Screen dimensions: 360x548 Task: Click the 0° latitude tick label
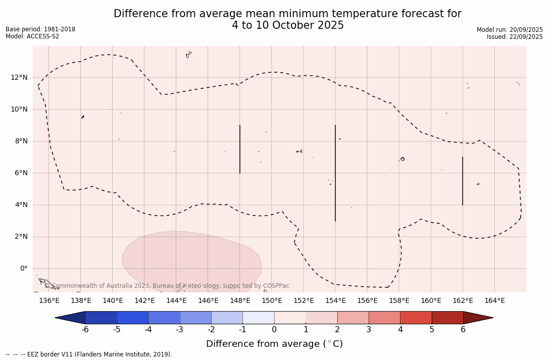[x=23, y=268]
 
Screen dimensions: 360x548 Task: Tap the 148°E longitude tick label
[x=240, y=300]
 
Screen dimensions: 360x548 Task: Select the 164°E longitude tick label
[x=494, y=300]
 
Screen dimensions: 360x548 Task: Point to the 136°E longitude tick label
[x=49, y=300]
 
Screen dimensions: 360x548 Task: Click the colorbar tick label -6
[x=85, y=330]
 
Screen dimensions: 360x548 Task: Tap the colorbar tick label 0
[x=274, y=330]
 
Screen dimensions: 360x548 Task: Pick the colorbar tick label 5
[x=432, y=330]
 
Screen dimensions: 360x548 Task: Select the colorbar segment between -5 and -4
[x=132, y=318]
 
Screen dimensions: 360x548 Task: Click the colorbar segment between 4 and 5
[x=416, y=318]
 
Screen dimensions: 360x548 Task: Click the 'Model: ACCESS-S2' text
[x=32, y=36]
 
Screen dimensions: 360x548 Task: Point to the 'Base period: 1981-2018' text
[x=40, y=29]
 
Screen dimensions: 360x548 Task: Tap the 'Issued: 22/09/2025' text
[x=515, y=37]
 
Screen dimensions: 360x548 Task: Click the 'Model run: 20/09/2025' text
[x=510, y=30]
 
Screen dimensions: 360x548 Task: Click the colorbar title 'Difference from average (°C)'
[x=274, y=344]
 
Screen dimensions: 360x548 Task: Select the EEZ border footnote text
[x=89, y=354]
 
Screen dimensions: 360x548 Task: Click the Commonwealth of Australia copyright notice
[x=167, y=286]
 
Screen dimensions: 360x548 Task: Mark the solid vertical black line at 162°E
[x=462, y=181]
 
